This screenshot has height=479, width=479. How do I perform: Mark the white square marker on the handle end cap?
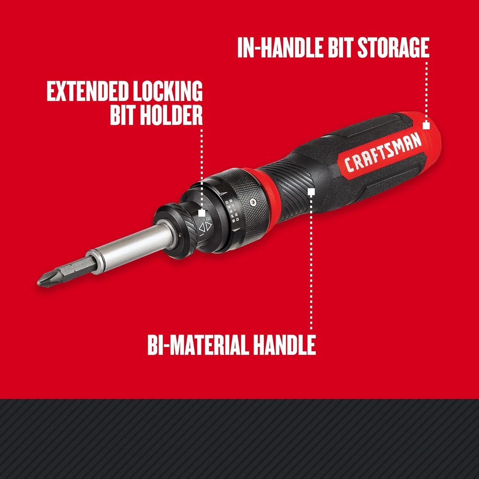click(426, 125)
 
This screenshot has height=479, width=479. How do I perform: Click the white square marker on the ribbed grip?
click(311, 191)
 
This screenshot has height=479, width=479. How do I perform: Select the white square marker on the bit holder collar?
click(202, 212)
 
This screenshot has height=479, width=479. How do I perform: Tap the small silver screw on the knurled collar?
click(253, 202)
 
